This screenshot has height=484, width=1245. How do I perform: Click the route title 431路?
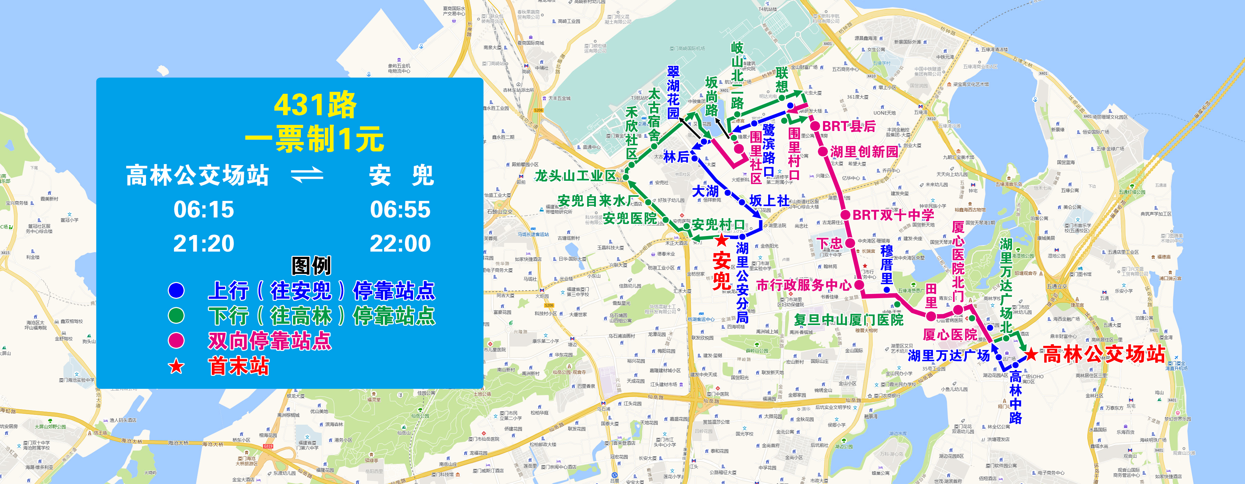coord(315,105)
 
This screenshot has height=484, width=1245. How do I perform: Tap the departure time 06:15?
coord(204,209)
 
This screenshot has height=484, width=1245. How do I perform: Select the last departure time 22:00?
coord(400,243)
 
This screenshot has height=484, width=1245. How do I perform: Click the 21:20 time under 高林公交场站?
coord(204,243)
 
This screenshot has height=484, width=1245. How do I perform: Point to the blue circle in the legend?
coord(176,290)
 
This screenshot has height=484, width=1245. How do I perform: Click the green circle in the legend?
coord(176,316)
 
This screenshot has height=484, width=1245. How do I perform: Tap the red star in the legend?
coord(176,366)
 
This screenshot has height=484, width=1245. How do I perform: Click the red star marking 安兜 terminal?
coord(721,240)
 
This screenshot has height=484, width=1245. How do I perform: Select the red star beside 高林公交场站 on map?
coord(1031,354)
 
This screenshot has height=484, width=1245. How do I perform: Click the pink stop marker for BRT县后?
coord(815,126)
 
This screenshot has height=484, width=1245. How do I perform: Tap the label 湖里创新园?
coord(864,152)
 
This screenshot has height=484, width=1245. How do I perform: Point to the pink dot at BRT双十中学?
coord(845,215)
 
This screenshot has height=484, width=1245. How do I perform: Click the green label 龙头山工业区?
coord(575,176)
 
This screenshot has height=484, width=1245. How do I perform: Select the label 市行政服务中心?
coord(804,285)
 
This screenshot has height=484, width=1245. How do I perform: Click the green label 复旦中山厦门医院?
coord(849,320)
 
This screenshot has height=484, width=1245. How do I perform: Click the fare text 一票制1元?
coord(315,139)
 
